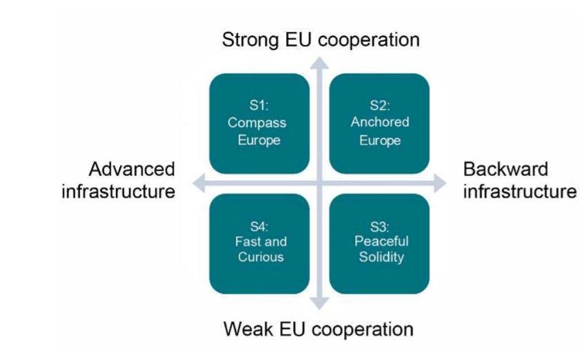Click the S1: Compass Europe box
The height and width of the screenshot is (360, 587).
tap(259, 123)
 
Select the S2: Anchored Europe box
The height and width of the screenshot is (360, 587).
tap(379, 123)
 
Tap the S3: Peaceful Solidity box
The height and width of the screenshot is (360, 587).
tap(379, 243)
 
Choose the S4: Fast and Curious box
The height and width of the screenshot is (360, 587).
tap(259, 243)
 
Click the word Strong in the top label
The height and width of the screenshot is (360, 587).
tap(248, 40)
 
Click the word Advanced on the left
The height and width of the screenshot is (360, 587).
tap(131, 169)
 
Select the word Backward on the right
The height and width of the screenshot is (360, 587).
tap(506, 169)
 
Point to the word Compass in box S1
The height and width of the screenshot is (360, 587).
tap(256, 123)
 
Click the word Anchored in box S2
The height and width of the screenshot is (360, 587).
tap(380, 122)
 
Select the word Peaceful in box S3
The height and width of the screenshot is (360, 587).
tap(381, 242)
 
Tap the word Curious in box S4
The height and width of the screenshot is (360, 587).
tap(261, 257)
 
